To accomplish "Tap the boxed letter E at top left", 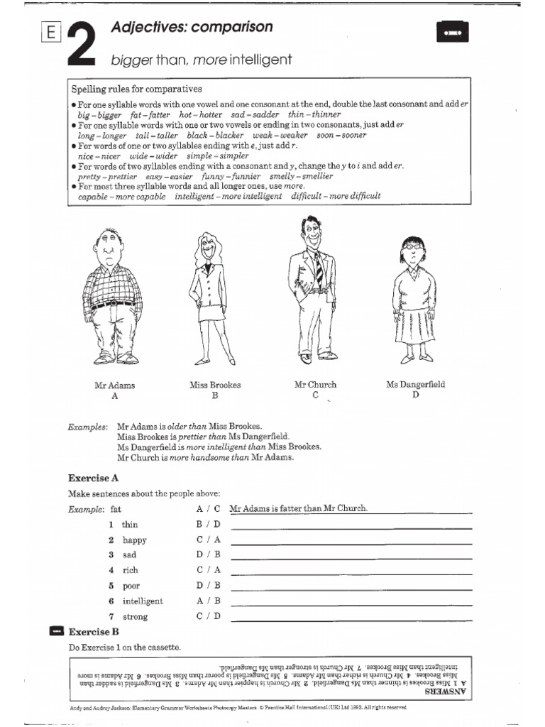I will point(50,33).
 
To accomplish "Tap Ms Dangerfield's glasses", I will point(411,249).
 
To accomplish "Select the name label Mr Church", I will point(315,385).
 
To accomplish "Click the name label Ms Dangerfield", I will point(415,385).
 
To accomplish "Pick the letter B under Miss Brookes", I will point(214,396).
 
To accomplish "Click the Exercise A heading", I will point(93,478).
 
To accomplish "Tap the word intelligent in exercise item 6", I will point(143,601).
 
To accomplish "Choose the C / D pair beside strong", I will point(209,616).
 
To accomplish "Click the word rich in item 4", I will point(131,570).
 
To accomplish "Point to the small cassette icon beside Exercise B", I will point(57,630).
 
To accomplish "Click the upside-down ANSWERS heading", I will point(447,690).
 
